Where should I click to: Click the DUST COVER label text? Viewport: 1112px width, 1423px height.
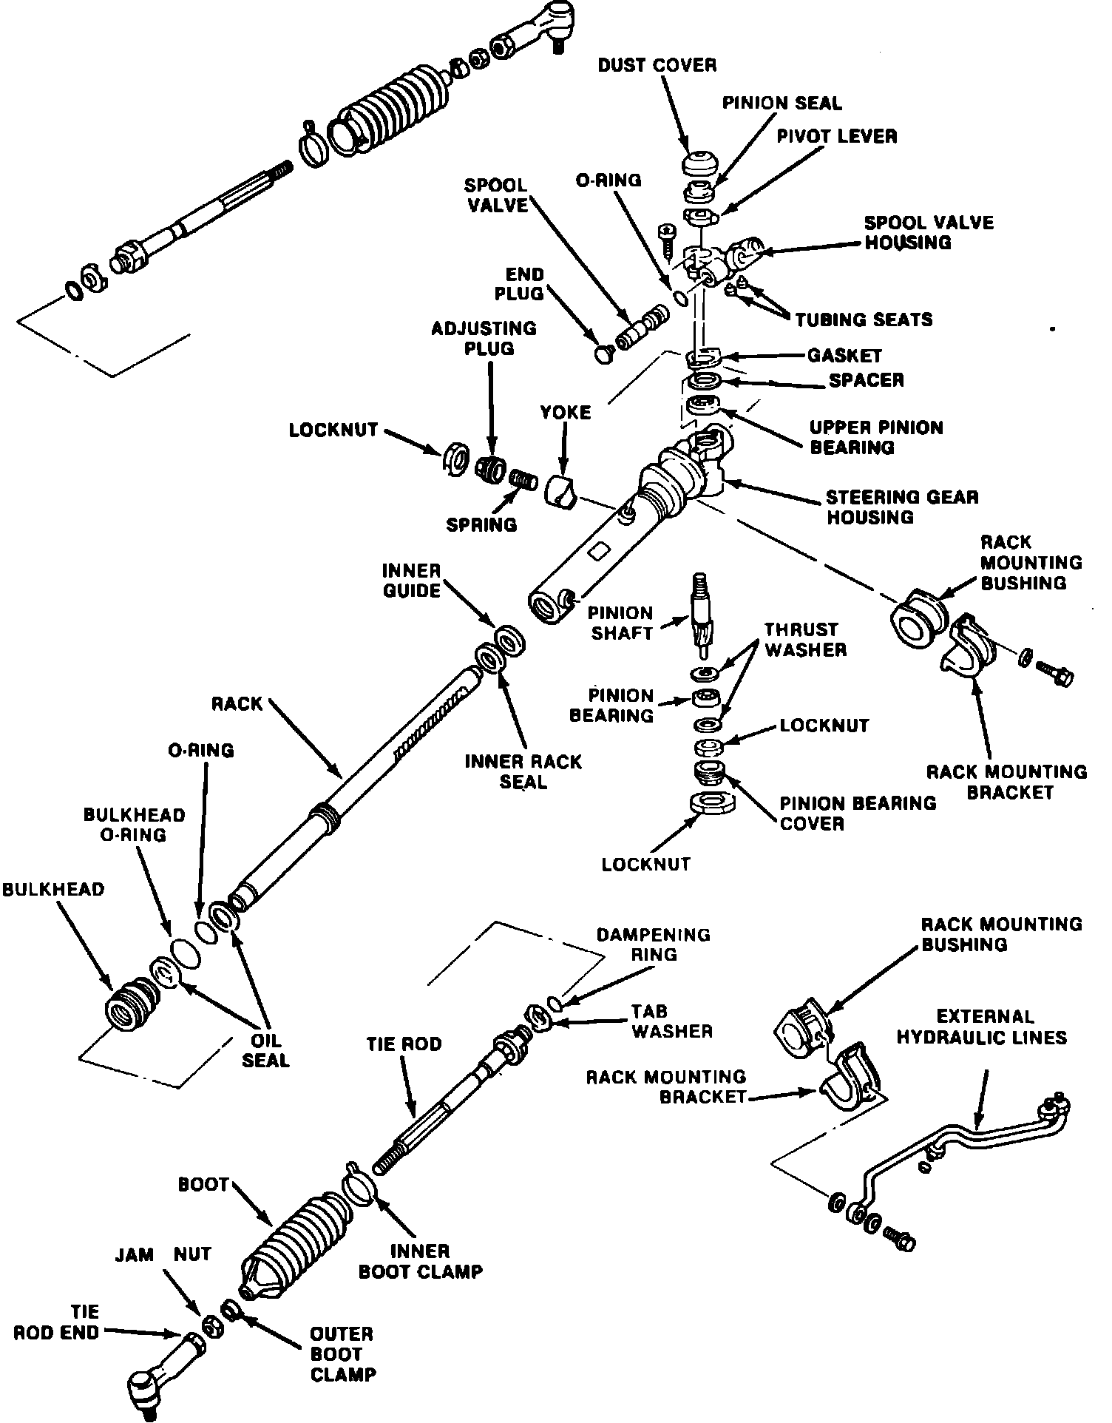[657, 65]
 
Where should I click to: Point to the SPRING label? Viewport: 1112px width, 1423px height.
[481, 524]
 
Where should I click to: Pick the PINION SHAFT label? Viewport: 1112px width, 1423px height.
[620, 623]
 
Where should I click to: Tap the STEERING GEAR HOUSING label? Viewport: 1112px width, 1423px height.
[901, 507]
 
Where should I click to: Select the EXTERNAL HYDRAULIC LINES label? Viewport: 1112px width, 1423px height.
[981, 1027]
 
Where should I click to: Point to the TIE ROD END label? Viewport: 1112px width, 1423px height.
[57, 1322]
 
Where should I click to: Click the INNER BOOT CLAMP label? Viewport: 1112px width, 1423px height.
[420, 1261]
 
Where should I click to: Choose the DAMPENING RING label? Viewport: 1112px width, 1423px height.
[653, 944]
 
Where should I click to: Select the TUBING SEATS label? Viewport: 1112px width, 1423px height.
[864, 320]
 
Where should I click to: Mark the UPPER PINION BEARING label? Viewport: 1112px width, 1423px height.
[876, 437]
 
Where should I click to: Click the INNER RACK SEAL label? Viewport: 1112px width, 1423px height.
[523, 771]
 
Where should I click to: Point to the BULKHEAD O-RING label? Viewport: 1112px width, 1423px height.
[134, 825]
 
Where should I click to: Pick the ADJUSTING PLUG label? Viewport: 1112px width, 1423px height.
[484, 338]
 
